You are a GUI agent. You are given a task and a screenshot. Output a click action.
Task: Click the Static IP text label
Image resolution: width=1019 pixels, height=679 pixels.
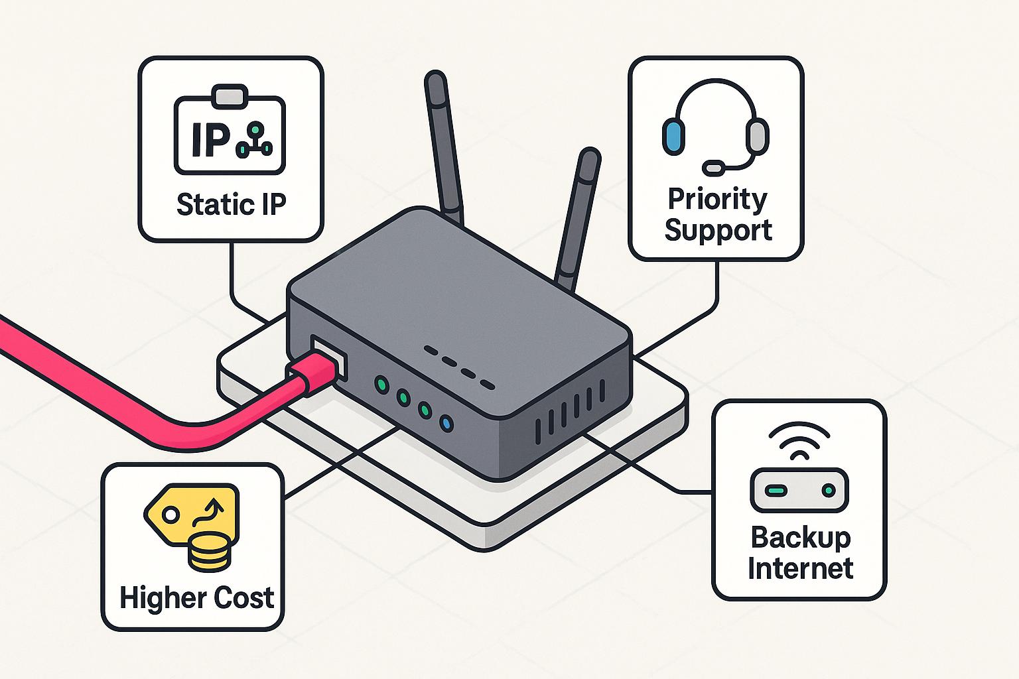pos(231,204)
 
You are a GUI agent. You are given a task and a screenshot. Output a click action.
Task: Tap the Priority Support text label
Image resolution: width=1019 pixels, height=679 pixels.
pos(718,214)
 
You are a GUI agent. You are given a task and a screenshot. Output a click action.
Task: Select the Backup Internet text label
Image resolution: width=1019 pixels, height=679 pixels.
pos(800,553)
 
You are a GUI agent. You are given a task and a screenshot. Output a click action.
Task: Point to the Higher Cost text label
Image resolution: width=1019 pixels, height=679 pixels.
pos(197,598)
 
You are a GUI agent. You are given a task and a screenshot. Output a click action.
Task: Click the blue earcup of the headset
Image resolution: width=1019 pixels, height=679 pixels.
pos(673,136)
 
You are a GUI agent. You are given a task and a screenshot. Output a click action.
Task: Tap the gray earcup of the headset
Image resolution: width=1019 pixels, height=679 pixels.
pos(757,136)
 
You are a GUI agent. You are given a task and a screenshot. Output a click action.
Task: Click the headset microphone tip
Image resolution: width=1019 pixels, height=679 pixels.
pos(714,168)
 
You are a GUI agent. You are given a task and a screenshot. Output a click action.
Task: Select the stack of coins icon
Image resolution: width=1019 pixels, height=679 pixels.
pos(210,552)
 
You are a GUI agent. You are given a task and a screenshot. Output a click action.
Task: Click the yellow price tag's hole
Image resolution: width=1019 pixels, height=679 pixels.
pos(170,514)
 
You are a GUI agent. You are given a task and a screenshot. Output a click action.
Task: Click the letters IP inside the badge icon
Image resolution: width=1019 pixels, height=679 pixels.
pos(210,139)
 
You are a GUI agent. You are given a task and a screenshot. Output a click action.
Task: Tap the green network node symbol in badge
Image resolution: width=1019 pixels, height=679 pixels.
pos(254,140)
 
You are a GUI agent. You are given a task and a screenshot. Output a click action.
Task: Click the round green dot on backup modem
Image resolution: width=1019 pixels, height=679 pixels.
pos(827,491)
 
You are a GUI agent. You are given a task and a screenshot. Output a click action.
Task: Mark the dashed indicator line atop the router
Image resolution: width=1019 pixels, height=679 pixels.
pos(459,367)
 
